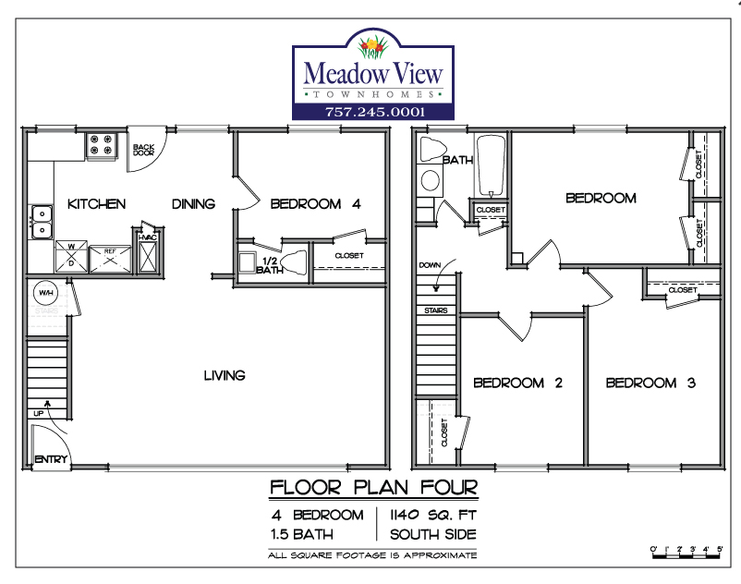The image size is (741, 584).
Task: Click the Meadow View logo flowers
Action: [x=373, y=48]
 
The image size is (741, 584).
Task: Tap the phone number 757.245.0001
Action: [x=375, y=112]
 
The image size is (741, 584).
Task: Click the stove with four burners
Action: [x=101, y=145]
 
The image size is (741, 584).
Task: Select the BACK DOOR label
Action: [x=143, y=150]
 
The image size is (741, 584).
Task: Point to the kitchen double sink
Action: [x=43, y=222]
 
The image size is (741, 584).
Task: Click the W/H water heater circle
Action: [x=46, y=293]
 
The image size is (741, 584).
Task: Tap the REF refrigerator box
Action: [x=110, y=259]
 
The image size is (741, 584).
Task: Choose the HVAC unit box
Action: [x=148, y=256]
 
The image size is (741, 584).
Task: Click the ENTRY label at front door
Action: [x=51, y=458]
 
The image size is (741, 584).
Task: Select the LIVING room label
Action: [x=225, y=376]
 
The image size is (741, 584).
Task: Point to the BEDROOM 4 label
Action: [x=316, y=204]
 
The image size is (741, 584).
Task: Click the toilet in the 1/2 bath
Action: [x=294, y=262]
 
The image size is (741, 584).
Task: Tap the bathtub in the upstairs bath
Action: [x=491, y=165]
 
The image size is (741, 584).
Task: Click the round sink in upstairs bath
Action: [x=430, y=180]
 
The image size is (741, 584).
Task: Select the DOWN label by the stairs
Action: [x=430, y=265]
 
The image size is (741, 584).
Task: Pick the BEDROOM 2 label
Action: [x=518, y=383]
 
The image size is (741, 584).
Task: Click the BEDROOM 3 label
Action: [x=650, y=383]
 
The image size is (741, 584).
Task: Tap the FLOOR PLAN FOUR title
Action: [x=374, y=487]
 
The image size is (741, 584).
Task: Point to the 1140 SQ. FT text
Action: [x=433, y=515]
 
